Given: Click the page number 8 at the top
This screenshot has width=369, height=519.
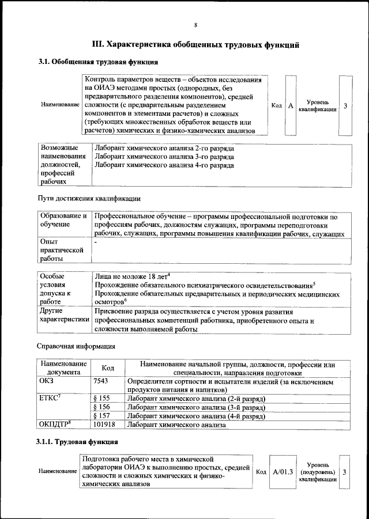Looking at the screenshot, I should tap(195, 25).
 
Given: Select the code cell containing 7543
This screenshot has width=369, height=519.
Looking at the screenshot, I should tap(100, 381).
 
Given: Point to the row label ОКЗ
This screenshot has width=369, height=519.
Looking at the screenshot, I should tap(47, 381).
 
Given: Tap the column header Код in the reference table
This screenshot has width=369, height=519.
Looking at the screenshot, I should tap(107, 368).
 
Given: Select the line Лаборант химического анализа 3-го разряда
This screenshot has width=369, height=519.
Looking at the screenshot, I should tap(164, 157).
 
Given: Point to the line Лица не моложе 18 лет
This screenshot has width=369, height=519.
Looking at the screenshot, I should tap(131, 276).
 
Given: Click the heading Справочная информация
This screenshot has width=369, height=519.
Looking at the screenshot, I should tap(76, 347).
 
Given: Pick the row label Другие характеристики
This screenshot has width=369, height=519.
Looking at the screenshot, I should tap(63, 315).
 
